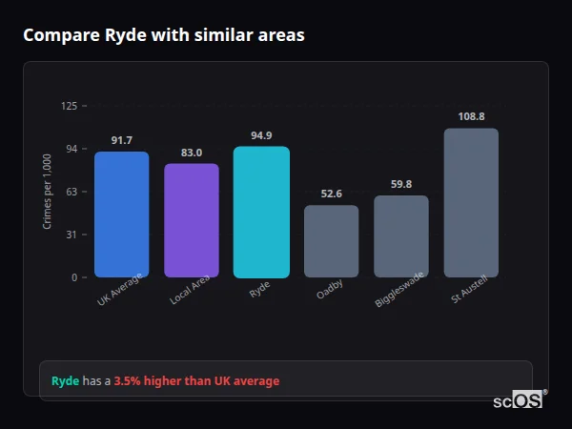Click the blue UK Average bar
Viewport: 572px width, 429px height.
[x=121, y=214]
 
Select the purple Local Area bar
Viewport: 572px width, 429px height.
[x=191, y=220]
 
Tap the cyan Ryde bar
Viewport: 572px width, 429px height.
[x=261, y=212]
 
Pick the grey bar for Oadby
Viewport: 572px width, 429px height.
[x=331, y=241]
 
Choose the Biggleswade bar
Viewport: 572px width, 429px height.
[x=400, y=236]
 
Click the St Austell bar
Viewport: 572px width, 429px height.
[x=471, y=202]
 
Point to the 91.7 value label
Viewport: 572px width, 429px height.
[x=121, y=141]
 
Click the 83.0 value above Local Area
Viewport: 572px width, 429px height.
[x=191, y=153]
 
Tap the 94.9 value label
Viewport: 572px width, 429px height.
[x=261, y=135]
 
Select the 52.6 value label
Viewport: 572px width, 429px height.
[x=331, y=194]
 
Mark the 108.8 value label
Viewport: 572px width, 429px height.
[x=471, y=116]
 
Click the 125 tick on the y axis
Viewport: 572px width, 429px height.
[x=69, y=106]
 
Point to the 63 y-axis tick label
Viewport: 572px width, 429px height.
[x=71, y=192]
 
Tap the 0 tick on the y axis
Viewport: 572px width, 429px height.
[x=73, y=277]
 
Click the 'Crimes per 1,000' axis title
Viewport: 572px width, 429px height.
[x=48, y=191]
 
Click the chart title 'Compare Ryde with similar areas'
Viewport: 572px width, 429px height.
[x=164, y=35]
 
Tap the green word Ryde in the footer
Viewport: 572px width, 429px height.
[x=65, y=381]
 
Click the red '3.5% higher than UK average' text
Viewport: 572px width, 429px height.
[x=196, y=381]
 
